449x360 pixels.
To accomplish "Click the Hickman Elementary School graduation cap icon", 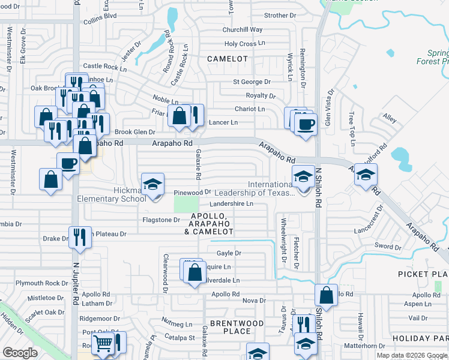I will pyautogui.click(x=152, y=184).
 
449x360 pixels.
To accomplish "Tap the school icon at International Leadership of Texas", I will pyautogui.click(x=303, y=175).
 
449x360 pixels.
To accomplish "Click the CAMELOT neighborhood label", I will pyautogui.click(x=228, y=59).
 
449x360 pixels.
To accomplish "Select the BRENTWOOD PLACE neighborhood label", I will pyautogui.click(x=238, y=327).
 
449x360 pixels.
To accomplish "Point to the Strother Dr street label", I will pyautogui.click(x=280, y=15).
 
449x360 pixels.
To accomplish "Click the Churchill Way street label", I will pyautogui.click(x=243, y=29).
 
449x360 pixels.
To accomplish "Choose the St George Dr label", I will pyautogui.click(x=252, y=82).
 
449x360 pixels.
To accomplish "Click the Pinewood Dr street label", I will pyautogui.click(x=192, y=193).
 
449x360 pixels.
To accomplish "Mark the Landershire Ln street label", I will pyautogui.click(x=231, y=204).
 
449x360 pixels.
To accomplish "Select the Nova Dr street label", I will pyautogui.click(x=254, y=300).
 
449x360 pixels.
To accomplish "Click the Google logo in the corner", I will pyautogui.click(x=20, y=352).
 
